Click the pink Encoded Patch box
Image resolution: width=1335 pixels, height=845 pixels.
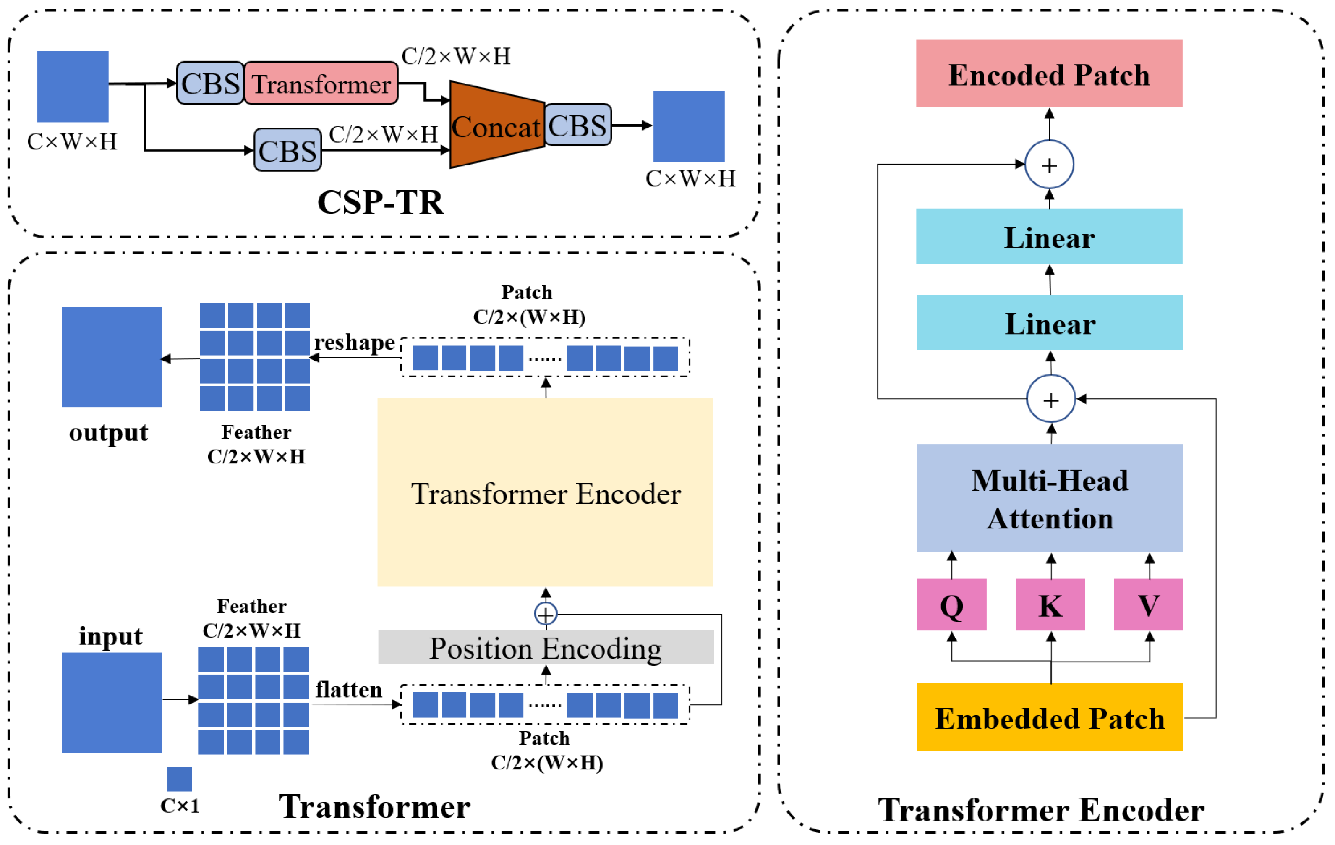[1049, 73]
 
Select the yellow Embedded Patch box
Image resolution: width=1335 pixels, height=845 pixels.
[1050, 717]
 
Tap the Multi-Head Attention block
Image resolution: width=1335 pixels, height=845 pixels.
[1050, 498]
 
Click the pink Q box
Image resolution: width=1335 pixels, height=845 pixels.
[951, 604]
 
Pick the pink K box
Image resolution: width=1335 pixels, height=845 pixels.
[1050, 604]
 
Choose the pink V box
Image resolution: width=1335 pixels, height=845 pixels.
[1149, 604]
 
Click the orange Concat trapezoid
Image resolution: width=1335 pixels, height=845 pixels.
[497, 125]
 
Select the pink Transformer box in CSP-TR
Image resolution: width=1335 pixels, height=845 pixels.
[321, 83]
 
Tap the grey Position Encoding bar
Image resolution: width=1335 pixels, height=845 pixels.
[546, 646]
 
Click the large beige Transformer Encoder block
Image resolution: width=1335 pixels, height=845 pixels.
[546, 492]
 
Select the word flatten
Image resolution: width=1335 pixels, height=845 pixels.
[349, 689]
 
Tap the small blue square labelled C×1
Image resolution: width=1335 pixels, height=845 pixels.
[180, 779]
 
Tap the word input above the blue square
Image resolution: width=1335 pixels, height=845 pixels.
[110, 636]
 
